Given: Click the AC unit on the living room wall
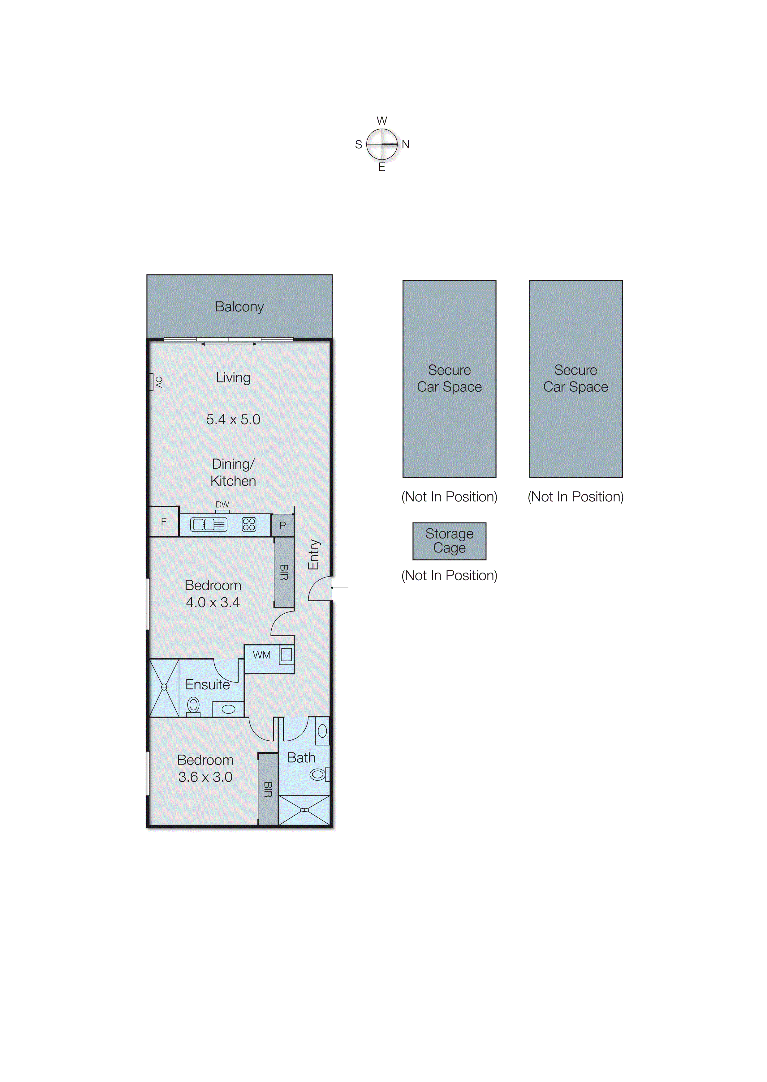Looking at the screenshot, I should (x=152, y=382).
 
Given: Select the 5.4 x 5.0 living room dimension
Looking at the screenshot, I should (x=233, y=420).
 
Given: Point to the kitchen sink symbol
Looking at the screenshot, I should (x=208, y=524).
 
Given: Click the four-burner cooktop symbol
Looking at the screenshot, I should (x=249, y=524).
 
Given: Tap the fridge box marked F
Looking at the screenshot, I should (x=164, y=522).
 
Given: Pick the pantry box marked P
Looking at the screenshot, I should (x=282, y=525).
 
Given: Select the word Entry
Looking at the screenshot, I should (x=314, y=555).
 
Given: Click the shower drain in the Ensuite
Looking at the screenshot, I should (x=164, y=688).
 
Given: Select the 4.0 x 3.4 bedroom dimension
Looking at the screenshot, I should (x=213, y=602).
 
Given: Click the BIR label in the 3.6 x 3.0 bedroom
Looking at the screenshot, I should (x=268, y=789).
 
